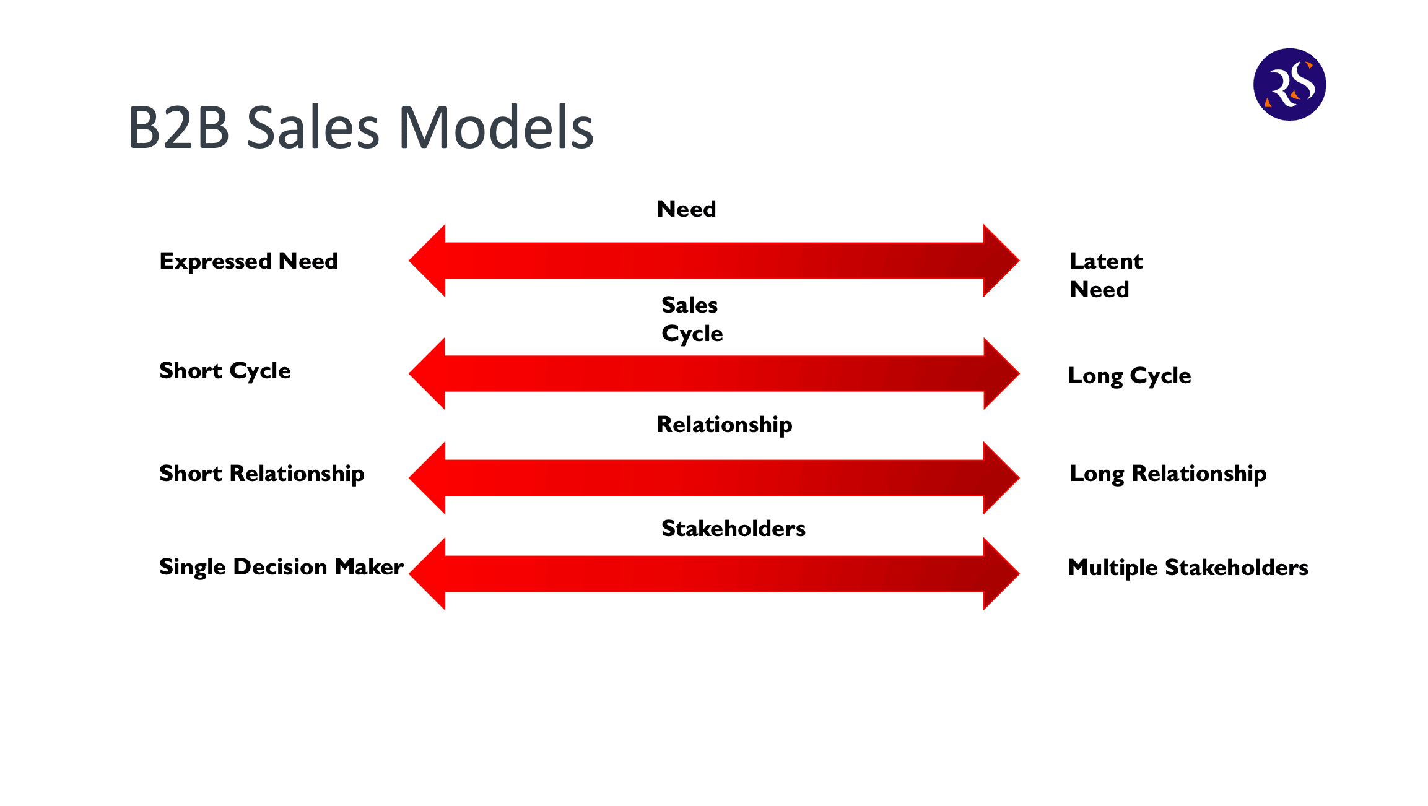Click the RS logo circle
(x=1289, y=84)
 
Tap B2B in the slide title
(x=179, y=128)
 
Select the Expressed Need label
(x=248, y=261)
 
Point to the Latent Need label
(x=1106, y=275)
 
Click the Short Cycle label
(x=225, y=371)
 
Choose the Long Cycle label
(x=1130, y=376)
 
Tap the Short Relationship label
(x=262, y=474)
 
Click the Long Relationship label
(x=1168, y=474)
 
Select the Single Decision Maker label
(x=281, y=567)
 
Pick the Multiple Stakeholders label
(x=1188, y=568)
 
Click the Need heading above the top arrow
(x=686, y=209)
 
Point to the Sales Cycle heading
(x=692, y=319)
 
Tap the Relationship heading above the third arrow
(x=725, y=425)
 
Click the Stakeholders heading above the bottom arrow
(x=733, y=529)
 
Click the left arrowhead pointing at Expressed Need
(x=428, y=261)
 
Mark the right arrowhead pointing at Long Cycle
(x=1001, y=373)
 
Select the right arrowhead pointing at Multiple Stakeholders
(x=1001, y=574)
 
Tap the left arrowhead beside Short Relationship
(x=428, y=478)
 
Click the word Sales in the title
(x=313, y=128)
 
